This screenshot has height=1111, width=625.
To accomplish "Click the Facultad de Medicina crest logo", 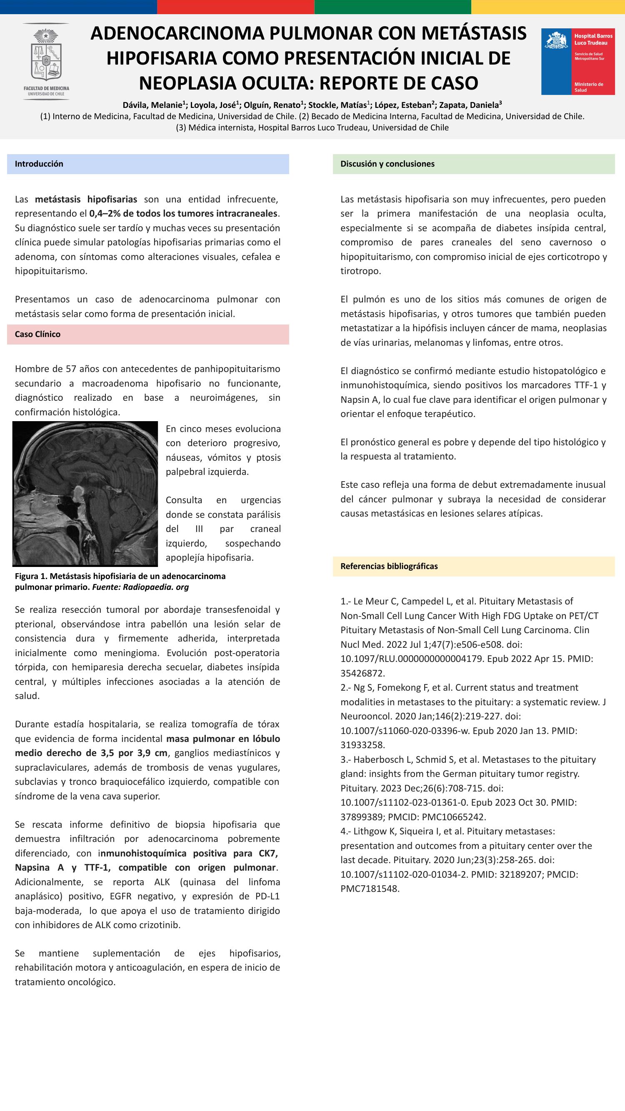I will pyautogui.click(x=46, y=61).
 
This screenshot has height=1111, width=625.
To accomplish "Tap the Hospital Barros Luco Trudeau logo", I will pyautogui.click(x=578, y=62).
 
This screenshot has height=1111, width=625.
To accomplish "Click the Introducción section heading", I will pyautogui.click(x=39, y=164).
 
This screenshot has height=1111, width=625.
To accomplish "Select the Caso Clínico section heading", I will pyautogui.click(x=37, y=334).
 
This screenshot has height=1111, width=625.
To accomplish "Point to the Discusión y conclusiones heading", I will pyautogui.click(x=387, y=164).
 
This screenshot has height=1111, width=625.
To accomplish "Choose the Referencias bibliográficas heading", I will pyautogui.click(x=389, y=566).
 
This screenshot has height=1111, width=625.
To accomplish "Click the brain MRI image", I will pyautogui.click(x=85, y=493).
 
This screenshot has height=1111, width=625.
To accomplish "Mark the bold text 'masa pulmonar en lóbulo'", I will pyautogui.click(x=223, y=738).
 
